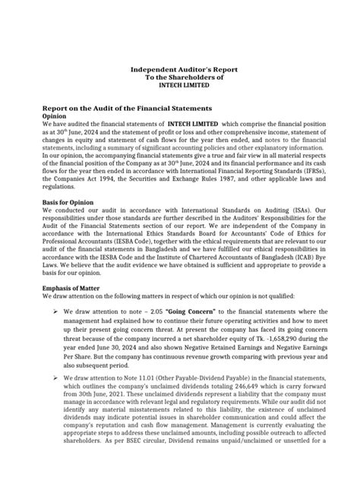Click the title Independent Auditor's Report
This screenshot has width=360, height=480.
(180, 68)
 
